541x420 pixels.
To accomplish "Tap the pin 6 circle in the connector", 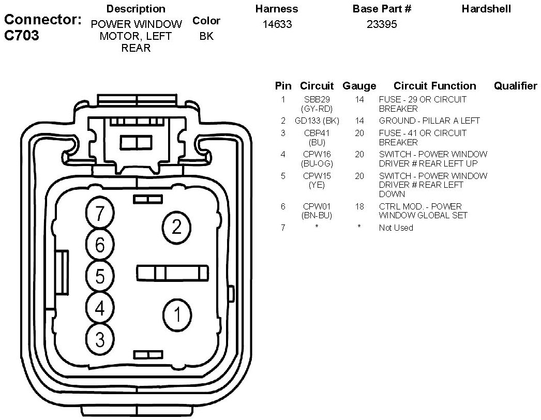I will [x=100, y=244].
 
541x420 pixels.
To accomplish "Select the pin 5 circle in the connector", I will [x=100, y=276].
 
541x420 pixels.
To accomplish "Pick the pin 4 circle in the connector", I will [x=100, y=308].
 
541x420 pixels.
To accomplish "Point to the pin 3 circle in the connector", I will [x=100, y=339].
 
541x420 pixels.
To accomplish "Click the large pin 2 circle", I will [x=177, y=227].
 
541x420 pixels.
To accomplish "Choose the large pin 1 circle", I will [x=177, y=314].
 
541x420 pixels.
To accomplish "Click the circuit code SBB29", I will [x=317, y=99].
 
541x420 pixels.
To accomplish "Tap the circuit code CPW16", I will [x=317, y=154].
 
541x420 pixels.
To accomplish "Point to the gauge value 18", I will [x=359, y=206].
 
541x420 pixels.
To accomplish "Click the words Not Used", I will [x=396, y=228].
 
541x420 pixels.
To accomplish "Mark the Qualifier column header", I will [x=515, y=86].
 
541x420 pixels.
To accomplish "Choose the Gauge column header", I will [x=359, y=86].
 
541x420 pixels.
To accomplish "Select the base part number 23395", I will [x=382, y=24].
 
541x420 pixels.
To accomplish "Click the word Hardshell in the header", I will [x=486, y=9].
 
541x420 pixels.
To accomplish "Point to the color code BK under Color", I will [x=206, y=37].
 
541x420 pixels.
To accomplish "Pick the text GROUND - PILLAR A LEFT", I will [x=429, y=121].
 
